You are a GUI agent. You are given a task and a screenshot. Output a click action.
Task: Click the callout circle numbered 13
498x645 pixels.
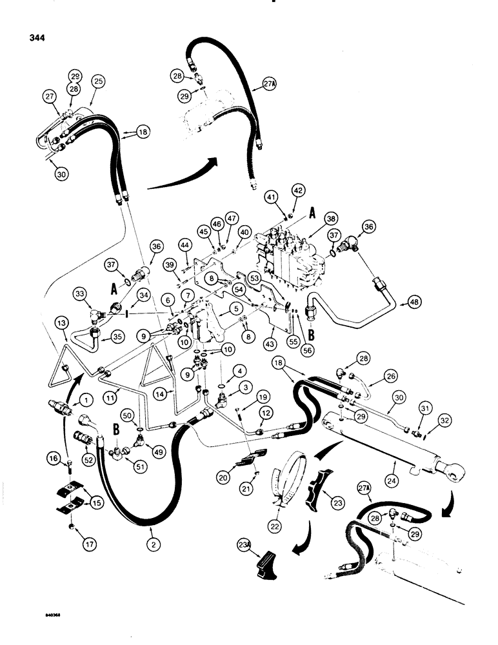click(x=61, y=322)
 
